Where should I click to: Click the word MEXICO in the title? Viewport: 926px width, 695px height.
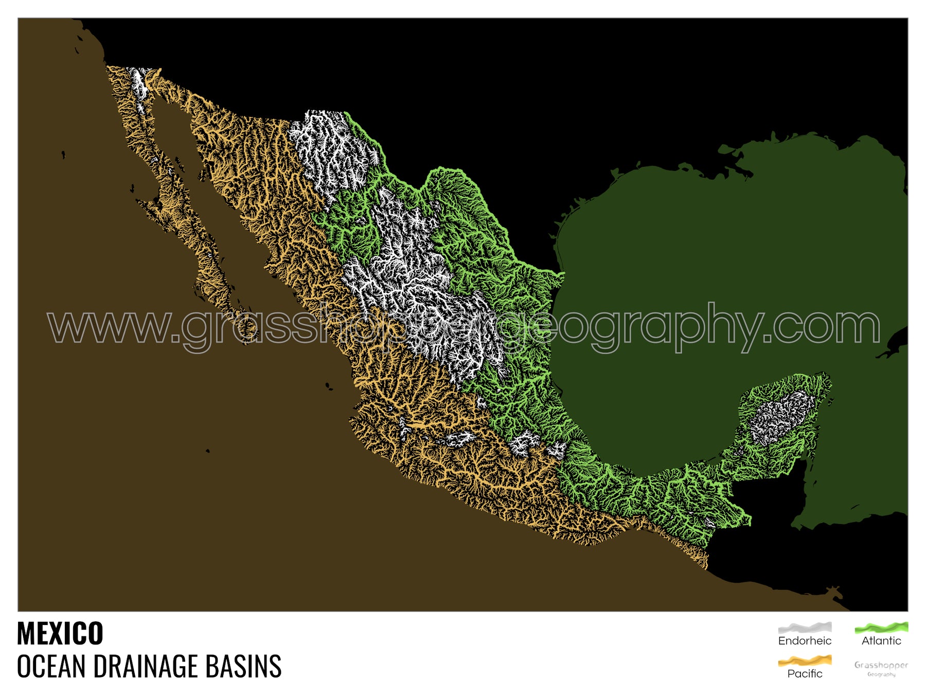click(x=60, y=633)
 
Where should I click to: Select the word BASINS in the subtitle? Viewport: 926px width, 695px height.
click(x=243, y=666)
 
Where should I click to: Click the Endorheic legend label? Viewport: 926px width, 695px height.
click(x=805, y=641)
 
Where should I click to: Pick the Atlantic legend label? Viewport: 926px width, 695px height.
click(x=881, y=641)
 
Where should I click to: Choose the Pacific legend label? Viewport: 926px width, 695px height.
click(x=805, y=673)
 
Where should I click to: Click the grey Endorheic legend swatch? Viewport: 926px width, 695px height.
click(x=805, y=627)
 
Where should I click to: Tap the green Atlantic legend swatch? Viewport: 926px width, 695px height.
click(x=881, y=627)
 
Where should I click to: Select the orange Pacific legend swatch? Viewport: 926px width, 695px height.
click(x=805, y=661)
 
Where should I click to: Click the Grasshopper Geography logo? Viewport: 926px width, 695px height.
click(x=881, y=668)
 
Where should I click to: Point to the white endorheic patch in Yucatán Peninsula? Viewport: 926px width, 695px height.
click(x=782, y=417)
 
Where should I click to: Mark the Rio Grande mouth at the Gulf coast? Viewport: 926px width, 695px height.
click(x=563, y=274)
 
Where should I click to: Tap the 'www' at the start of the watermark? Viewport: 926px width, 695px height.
click(x=108, y=327)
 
